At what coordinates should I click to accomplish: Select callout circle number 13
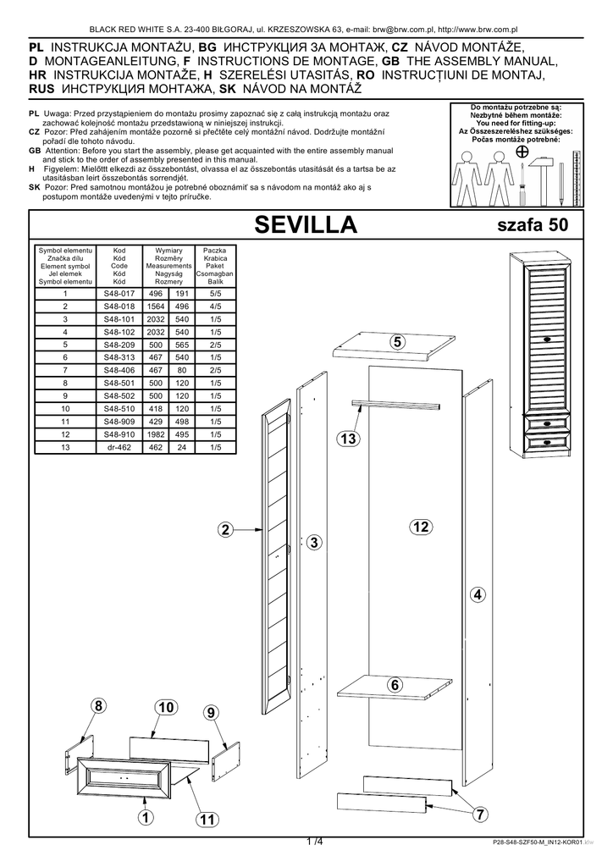coord(347,438)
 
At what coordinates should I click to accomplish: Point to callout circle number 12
coord(421,527)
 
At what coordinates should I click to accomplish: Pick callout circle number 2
coord(224,530)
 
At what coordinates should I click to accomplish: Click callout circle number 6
coord(395,684)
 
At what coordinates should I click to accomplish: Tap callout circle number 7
coord(478,815)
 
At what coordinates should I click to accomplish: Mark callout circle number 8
coord(98,706)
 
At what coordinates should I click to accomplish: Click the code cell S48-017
coord(119,293)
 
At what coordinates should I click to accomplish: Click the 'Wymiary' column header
coord(168,251)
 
